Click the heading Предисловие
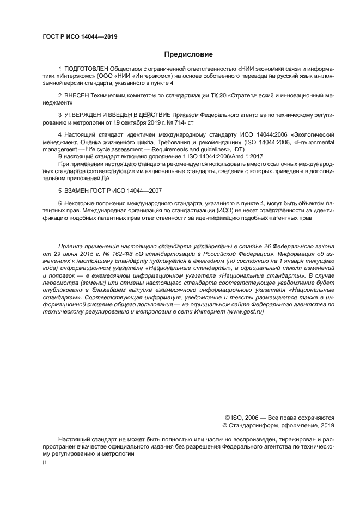click(x=188, y=54)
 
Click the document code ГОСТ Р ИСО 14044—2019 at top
click(x=80, y=37)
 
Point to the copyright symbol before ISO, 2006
click(x=221, y=418)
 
